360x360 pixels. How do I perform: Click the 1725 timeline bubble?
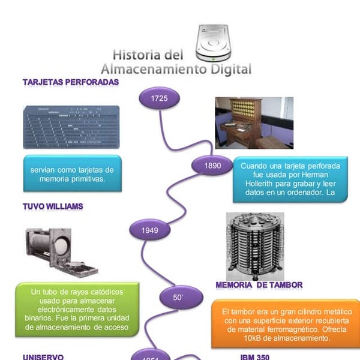click(159, 98)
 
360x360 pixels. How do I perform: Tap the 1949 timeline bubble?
click(150, 230)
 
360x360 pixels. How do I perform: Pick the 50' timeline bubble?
click(178, 297)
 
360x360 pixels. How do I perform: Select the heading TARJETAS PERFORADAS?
click(70, 82)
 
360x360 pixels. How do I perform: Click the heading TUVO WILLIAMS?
click(53, 206)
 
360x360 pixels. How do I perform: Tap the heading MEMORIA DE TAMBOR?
click(259, 284)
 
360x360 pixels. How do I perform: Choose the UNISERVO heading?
click(43, 356)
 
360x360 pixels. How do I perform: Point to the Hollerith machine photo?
click(254, 122)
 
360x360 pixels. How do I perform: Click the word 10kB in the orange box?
click(238, 338)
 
